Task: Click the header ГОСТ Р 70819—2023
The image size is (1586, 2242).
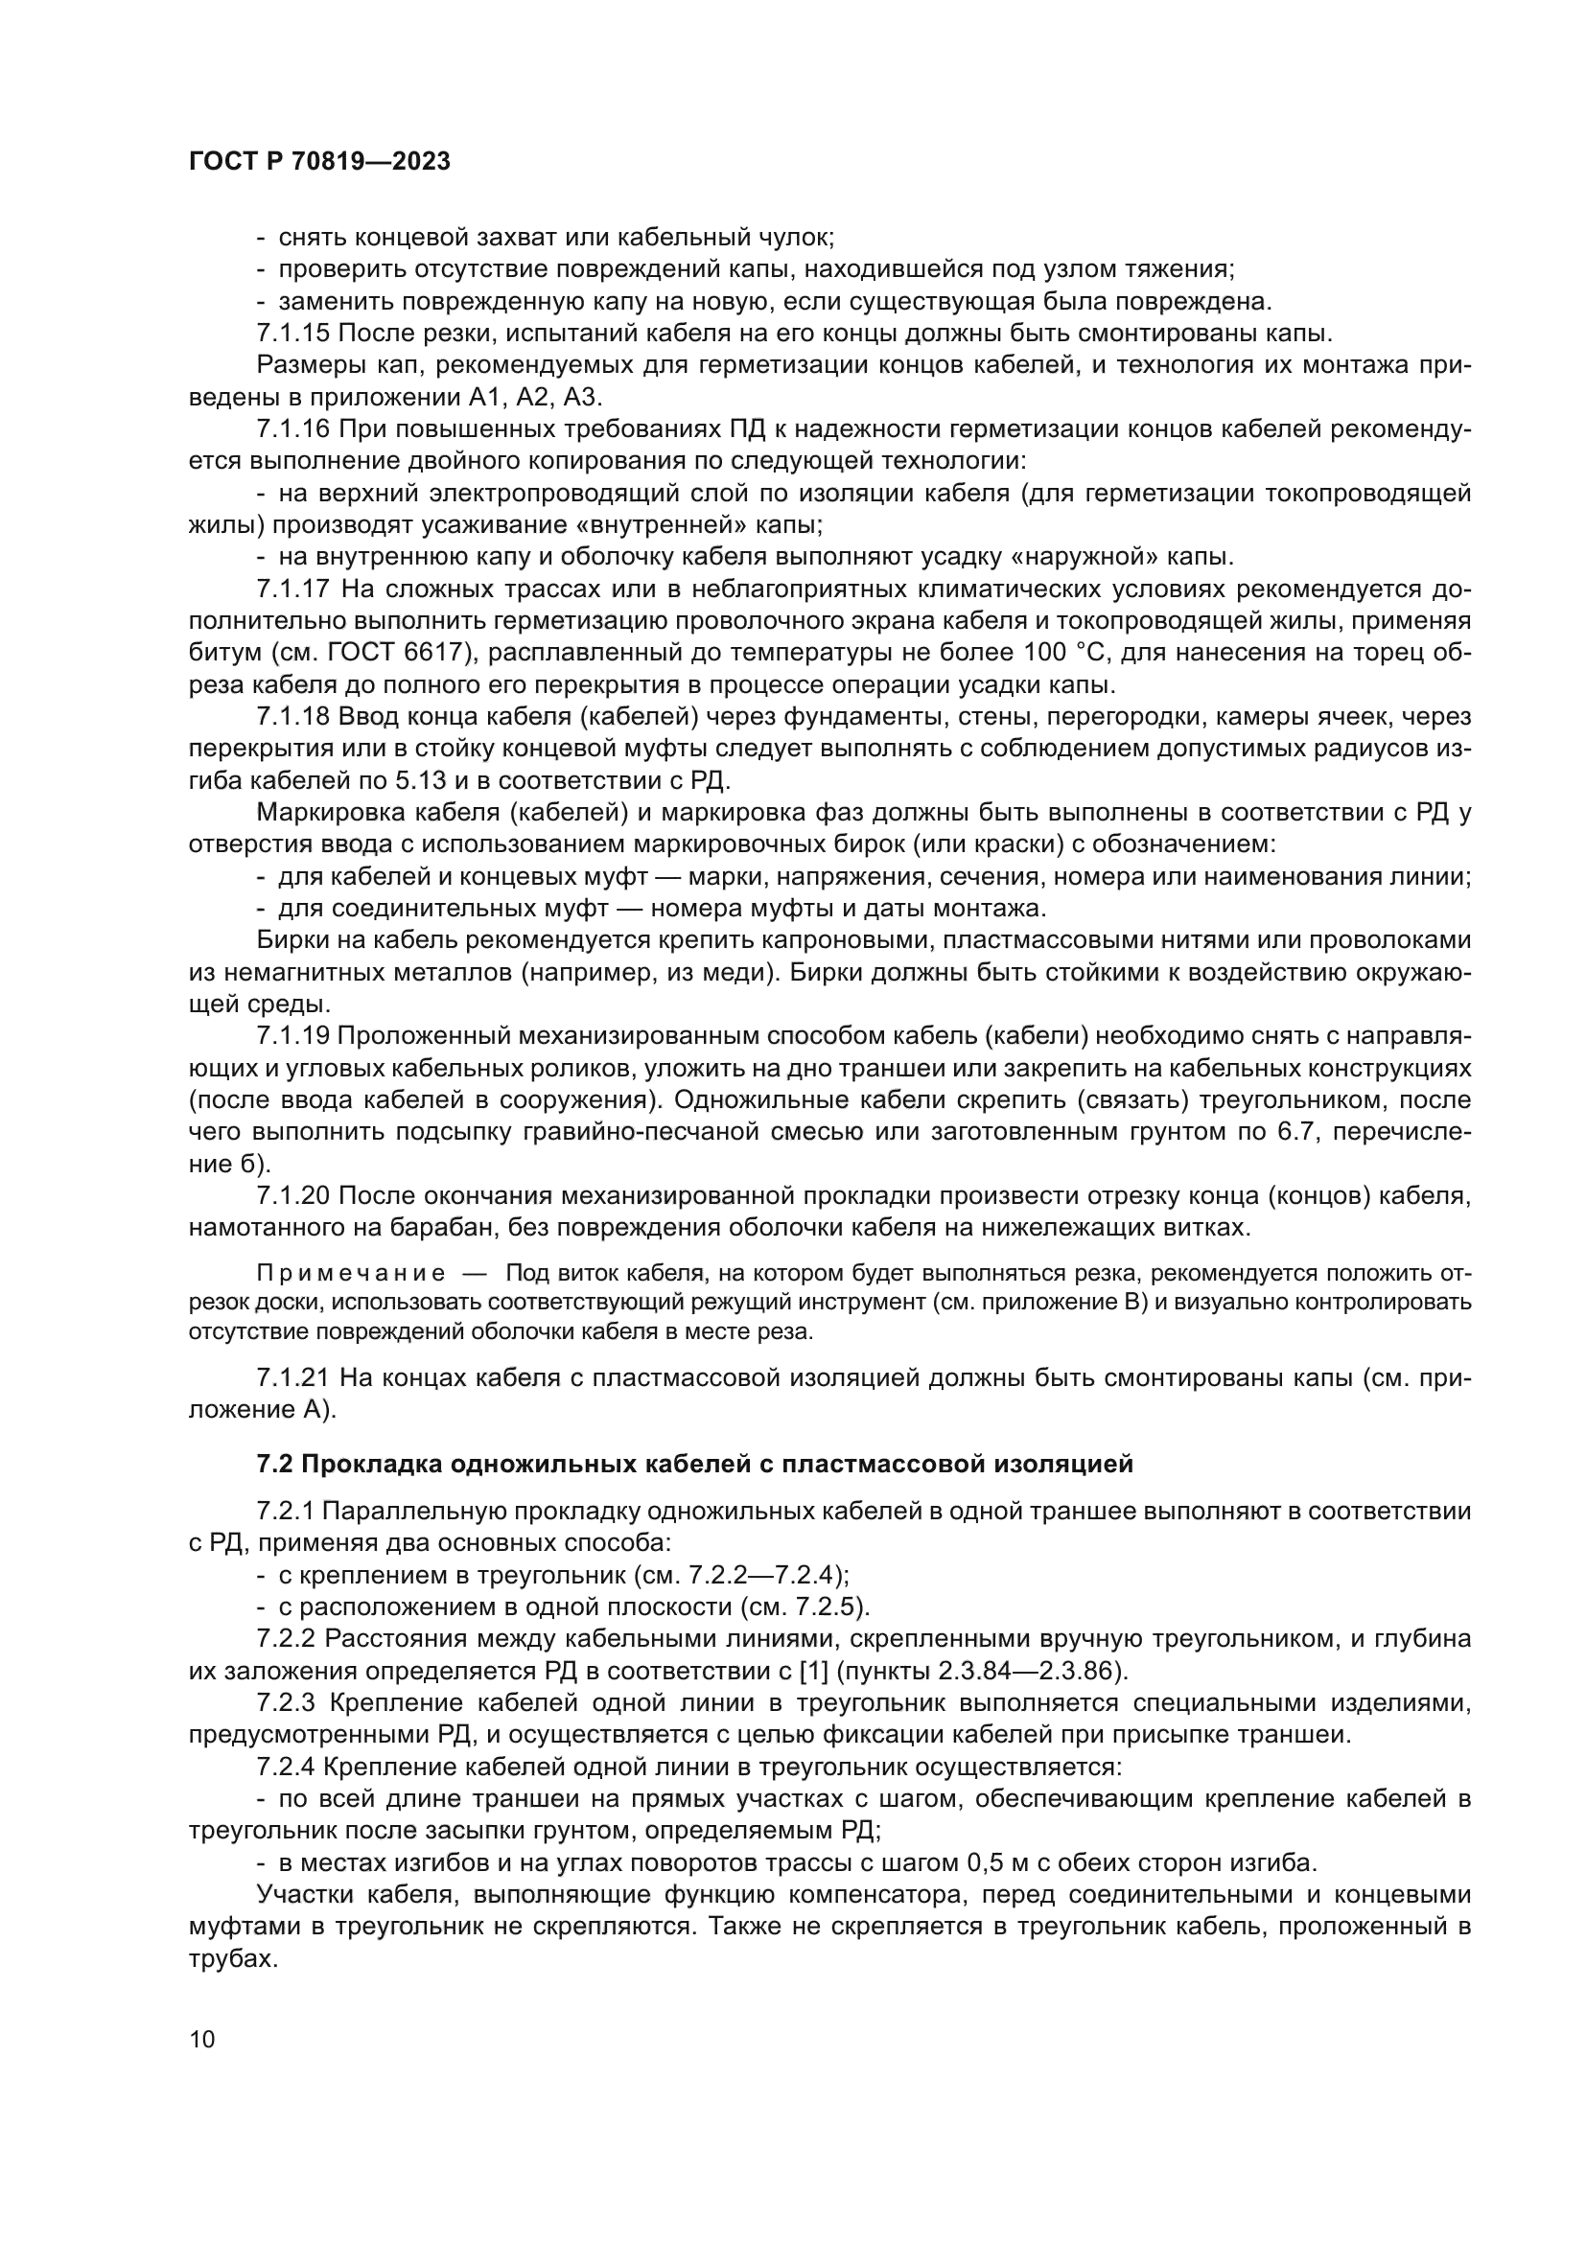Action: point(319,162)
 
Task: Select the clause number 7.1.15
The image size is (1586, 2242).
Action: point(293,334)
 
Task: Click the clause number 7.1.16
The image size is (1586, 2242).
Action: point(293,429)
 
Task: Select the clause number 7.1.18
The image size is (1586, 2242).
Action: point(293,717)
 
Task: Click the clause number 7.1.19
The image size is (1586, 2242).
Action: point(293,1036)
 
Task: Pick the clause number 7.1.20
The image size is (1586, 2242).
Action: point(293,1195)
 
